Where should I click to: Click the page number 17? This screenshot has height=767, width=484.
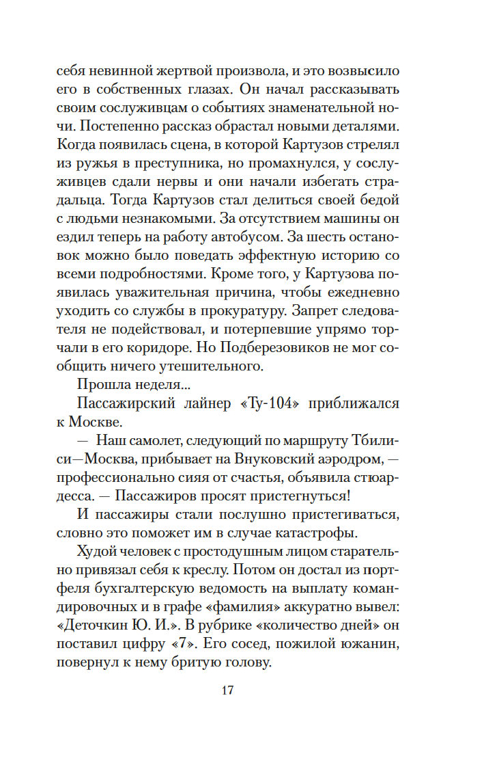(x=228, y=690)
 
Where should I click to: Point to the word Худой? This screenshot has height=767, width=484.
(x=97, y=551)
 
